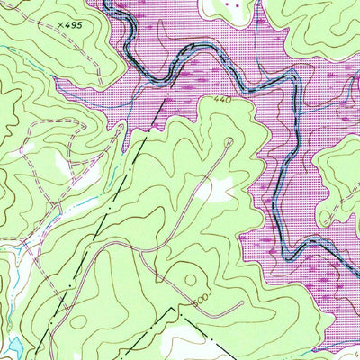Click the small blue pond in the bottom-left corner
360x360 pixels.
(x=14, y=345)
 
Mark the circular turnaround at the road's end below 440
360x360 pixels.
(x=228, y=141)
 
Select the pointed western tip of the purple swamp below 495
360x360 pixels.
(x=56, y=78)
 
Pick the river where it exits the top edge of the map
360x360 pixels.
(x=108, y=3)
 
